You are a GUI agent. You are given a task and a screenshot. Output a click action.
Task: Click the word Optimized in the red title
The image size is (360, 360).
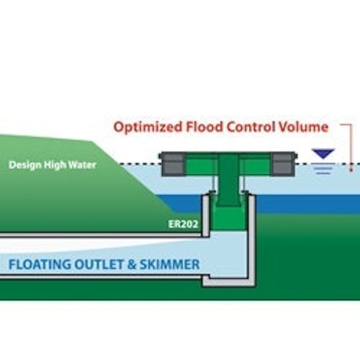(142, 128)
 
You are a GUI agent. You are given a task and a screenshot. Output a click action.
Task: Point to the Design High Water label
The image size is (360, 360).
(52, 165)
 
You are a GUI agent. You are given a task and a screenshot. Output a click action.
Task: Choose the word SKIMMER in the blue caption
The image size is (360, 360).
(171, 265)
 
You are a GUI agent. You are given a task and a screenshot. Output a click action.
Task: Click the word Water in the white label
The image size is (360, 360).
(83, 165)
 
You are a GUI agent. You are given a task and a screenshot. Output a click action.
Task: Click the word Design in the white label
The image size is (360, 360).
(25, 165)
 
